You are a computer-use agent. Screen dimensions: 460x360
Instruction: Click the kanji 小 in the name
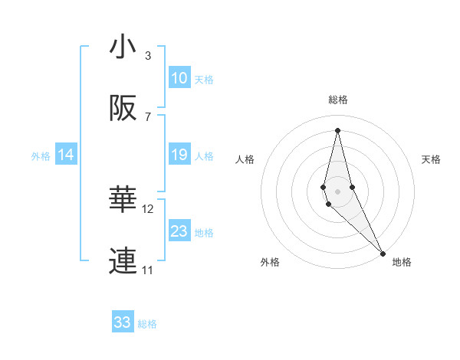(123, 47)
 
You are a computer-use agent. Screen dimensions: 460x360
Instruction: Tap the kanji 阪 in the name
(123, 109)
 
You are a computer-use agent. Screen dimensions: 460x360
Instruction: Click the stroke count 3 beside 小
(148, 55)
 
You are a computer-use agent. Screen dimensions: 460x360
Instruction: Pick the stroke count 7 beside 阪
(148, 116)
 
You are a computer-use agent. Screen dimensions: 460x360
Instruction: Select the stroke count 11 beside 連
(148, 270)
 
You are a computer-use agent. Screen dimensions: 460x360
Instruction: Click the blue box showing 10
(179, 78)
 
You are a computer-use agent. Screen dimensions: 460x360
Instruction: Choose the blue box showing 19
(179, 155)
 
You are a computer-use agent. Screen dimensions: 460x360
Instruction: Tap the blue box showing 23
(179, 231)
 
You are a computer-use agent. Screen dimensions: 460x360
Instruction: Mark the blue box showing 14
(66, 155)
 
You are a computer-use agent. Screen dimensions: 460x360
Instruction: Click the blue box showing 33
(123, 322)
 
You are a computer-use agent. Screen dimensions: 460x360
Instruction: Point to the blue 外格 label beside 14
(41, 156)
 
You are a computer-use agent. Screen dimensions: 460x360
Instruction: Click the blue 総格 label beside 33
(147, 324)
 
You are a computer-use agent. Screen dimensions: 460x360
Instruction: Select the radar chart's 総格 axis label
(338, 100)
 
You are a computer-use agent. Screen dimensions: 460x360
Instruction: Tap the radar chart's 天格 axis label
(432, 159)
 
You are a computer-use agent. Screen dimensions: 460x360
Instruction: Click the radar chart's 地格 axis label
(402, 262)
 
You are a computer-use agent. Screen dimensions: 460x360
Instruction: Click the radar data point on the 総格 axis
(337, 129)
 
